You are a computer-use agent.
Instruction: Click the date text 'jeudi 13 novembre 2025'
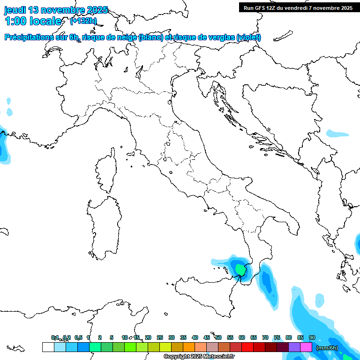coord(56,10)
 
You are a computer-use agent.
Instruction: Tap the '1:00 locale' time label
coord(33,21)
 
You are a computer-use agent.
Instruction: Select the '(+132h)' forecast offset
coord(83,21)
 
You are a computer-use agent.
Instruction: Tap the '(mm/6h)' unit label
coord(327,347)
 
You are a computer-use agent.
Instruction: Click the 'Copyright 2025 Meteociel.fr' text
coord(199,356)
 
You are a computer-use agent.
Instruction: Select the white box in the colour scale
coord(48,347)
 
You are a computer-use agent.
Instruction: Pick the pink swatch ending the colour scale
coord(306,347)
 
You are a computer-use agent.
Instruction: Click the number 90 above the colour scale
coord(312,337)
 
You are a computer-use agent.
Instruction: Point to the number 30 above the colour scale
coord(172,337)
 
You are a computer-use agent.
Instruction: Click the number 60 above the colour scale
coord(242,337)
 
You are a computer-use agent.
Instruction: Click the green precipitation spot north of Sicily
coord(240,270)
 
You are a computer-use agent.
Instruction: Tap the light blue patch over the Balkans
coord(338,133)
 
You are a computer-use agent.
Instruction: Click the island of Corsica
coord(107,171)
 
